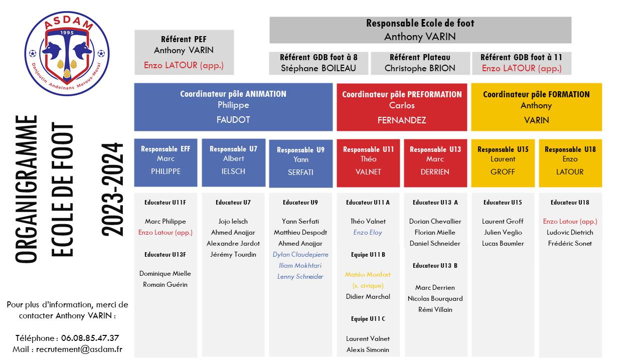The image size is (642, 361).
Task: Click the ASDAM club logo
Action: click(x=67, y=54)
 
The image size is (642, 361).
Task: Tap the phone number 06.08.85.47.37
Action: click(x=90, y=338)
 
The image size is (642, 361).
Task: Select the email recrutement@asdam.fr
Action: click(x=79, y=349)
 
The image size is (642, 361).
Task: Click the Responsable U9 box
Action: click(x=300, y=163)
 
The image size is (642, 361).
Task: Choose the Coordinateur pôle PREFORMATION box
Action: click(x=402, y=107)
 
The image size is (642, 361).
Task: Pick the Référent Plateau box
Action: click(x=420, y=63)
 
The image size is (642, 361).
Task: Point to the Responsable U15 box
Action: click(x=503, y=163)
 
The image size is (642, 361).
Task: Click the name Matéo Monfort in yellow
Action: click(x=368, y=274)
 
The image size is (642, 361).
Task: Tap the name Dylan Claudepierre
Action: click(x=300, y=254)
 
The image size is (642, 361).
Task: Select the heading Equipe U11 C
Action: click(x=368, y=319)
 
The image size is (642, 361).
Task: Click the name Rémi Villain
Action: click(x=435, y=310)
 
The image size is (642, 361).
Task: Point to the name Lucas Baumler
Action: click(x=503, y=244)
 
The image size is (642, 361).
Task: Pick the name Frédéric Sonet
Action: click(x=570, y=244)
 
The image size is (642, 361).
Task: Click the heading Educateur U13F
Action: click(x=166, y=255)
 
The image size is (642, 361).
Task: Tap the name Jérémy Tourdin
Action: click(x=233, y=254)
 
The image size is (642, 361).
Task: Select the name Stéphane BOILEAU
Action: click(x=318, y=68)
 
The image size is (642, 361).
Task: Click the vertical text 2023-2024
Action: click(x=112, y=190)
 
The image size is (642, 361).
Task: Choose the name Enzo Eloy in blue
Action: click(x=368, y=232)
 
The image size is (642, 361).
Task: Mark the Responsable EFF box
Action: click(x=166, y=163)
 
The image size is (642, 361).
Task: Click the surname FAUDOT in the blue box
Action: click(x=233, y=120)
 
